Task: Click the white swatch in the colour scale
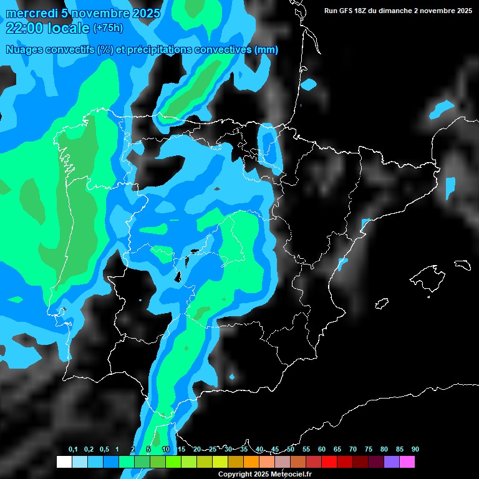pyautogui.click(x=64, y=462)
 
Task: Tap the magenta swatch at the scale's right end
pyautogui.click(x=407, y=462)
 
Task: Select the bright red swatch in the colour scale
pyautogui.click(x=329, y=462)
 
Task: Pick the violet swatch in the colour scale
pyautogui.click(x=392, y=462)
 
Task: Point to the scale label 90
pyautogui.click(x=415, y=449)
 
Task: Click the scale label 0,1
pyautogui.click(x=73, y=449)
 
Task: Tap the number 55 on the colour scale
pyautogui.click(x=306, y=449)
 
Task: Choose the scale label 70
pyautogui.click(x=352, y=449)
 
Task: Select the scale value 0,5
pyautogui.click(x=104, y=449)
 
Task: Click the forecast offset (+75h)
pyautogui.click(x=108, y=28)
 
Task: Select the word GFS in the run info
pyautogui.click(x=347, y=11)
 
